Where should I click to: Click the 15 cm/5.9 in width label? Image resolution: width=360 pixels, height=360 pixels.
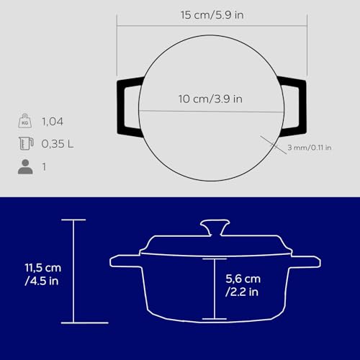point(210,14)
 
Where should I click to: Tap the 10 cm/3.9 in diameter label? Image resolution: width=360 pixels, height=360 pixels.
point(210,99)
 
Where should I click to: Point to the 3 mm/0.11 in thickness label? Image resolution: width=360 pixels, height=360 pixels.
point(307,148)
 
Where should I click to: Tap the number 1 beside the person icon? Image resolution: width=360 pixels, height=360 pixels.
point(45,166)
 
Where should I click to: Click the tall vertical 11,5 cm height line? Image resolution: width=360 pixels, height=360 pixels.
point(73,271)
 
